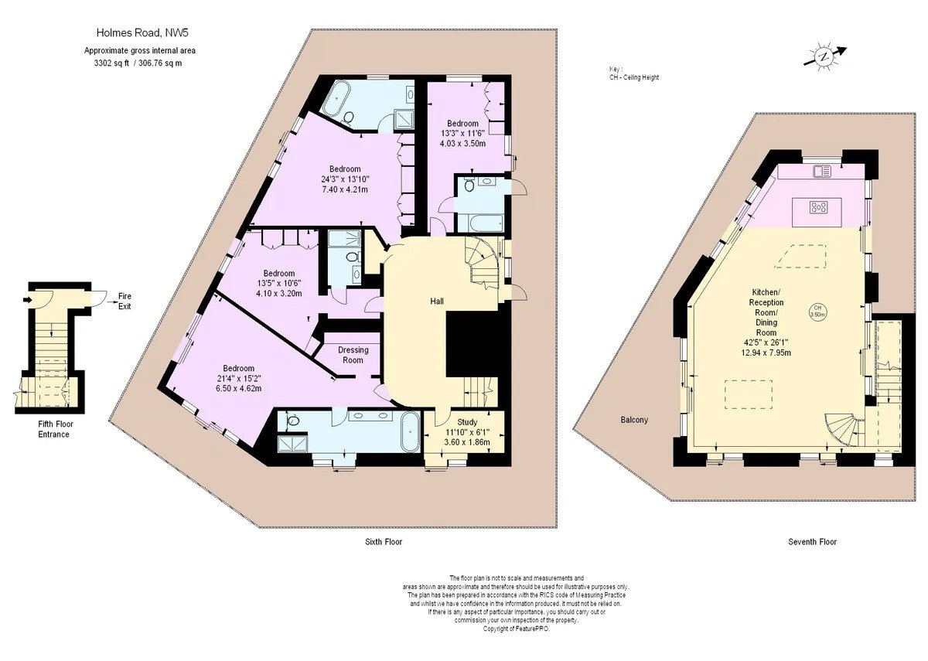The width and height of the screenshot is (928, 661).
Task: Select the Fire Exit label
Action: click(x=125, y=301)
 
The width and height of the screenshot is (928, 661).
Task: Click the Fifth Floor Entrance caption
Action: click(x=53, y=429)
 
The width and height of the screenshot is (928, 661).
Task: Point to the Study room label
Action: click(x=467, y=422)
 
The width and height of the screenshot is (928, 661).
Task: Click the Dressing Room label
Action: click(x=353, y=355)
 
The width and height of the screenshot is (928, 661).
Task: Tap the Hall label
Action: click(x=437, y=301)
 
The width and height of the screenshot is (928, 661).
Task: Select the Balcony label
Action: click(x=634, y=420)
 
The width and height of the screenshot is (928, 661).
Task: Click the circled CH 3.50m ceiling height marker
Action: click(x=817, y=311)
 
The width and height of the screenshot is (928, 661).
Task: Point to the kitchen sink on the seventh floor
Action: click(x=822, y=171)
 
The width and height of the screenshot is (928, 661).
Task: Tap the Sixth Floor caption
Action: click(x=384, y=542)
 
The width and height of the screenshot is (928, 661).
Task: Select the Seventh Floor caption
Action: click(x=813, y=542)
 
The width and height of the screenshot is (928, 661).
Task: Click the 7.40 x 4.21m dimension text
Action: click(x=345, y=189)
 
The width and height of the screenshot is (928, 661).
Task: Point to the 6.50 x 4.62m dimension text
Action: click(x=239, y=388)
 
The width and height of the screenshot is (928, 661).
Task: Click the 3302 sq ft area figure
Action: click(x=112, y=63)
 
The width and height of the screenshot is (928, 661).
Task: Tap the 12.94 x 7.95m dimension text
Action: click(x=766, y=353)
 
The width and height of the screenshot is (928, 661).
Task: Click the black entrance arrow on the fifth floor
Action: click(x=27, y=299)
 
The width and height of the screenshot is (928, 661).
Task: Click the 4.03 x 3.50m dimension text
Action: click(x=462, y=144)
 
